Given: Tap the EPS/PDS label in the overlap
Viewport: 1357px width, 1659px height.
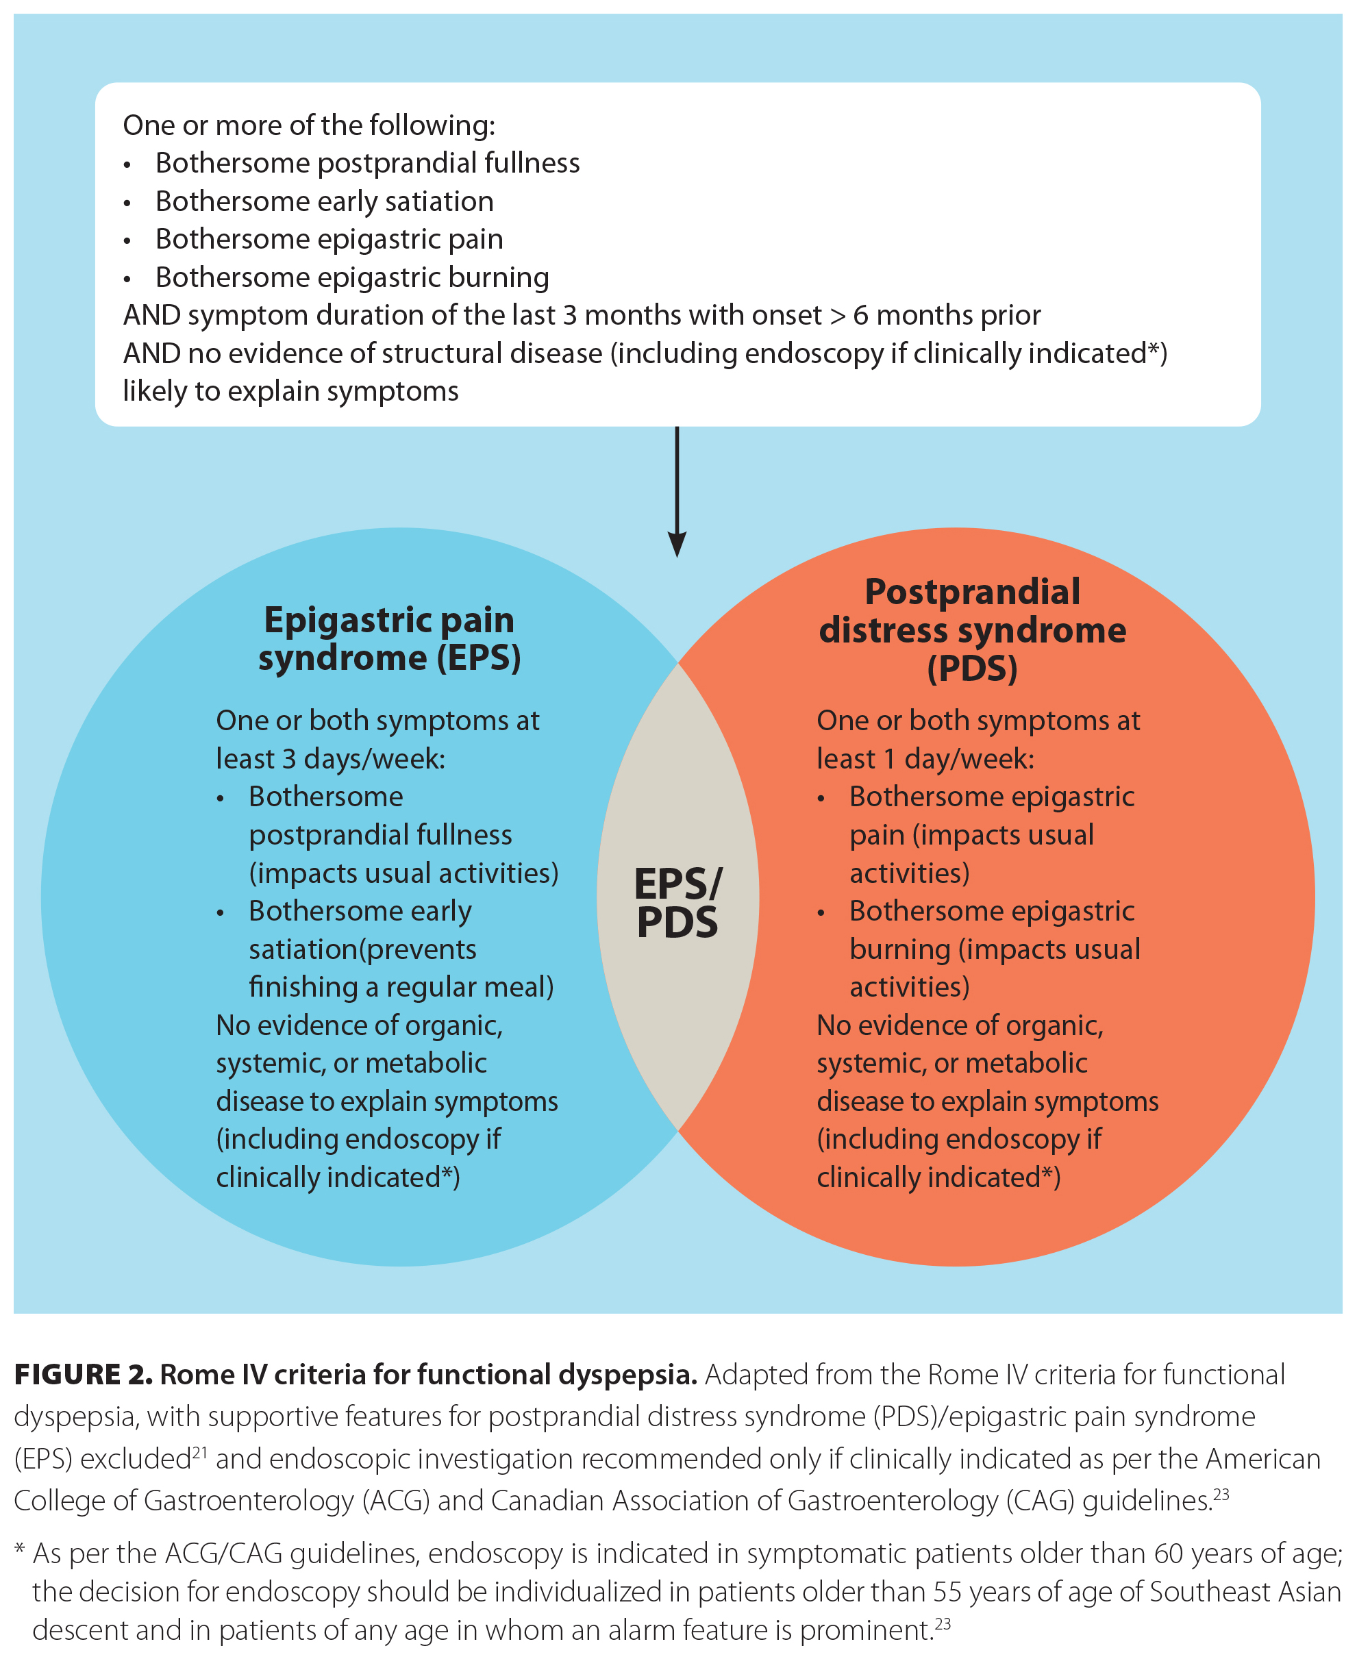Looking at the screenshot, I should pyautogui.click(x=677, y=903).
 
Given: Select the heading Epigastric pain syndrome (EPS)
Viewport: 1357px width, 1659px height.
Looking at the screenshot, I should pyautogui.click(x=389, y=638).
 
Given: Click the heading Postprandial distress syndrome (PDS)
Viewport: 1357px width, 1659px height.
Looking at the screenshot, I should pyautogui.click(x=973, y=630).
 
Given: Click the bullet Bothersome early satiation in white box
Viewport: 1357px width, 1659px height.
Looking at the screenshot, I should pyautogui.click(x=325, y=201).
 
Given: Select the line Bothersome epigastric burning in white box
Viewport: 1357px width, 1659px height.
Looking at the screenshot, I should pyautogui.click(x=352, y=277).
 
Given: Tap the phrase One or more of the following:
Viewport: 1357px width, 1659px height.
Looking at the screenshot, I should pyautogui.click(x=309, y=125).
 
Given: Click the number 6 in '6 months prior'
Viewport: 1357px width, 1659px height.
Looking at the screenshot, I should pyautogui.click(x=860, y=316).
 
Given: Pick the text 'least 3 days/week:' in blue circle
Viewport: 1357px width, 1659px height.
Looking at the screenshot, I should pyautogui.click(x=331, y=759).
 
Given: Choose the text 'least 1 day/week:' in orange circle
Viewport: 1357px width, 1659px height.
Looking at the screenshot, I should pyautogui.click(x=925, y=759).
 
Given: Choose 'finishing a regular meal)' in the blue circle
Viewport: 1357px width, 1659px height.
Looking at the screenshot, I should pyautogui.click(x=401, y=987).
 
